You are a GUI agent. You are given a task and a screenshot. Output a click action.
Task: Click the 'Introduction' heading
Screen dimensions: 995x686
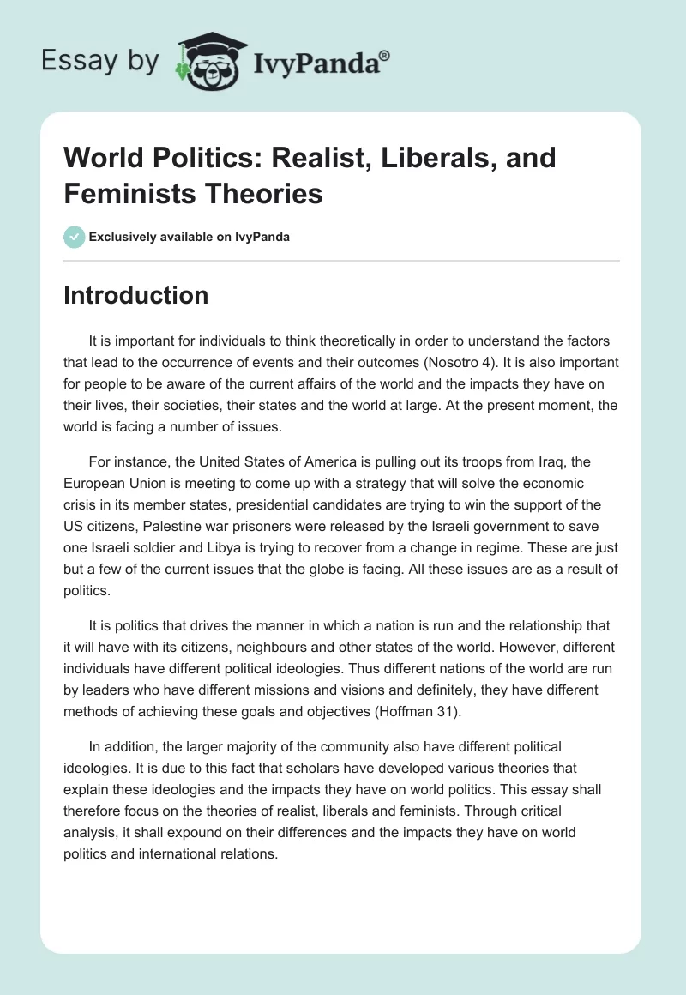[135, 295]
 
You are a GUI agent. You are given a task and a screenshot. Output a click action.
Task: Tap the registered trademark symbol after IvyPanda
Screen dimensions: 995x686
[385, 56]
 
